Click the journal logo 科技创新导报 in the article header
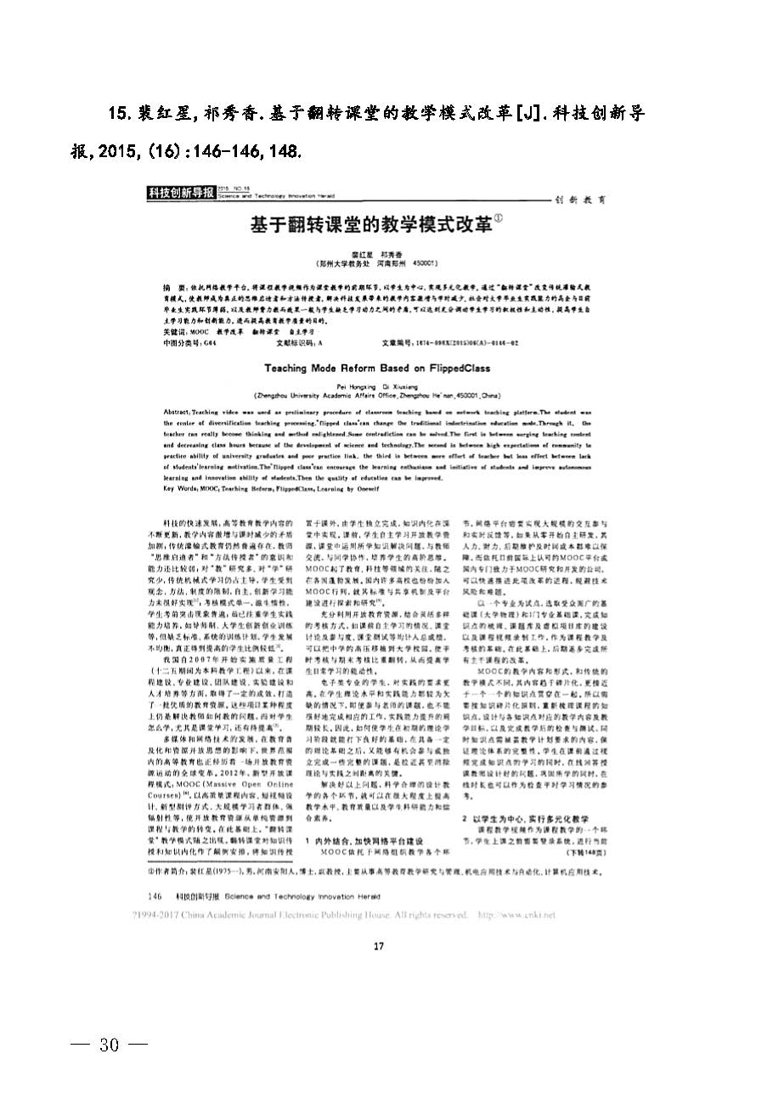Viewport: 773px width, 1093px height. (x=180, y=194)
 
